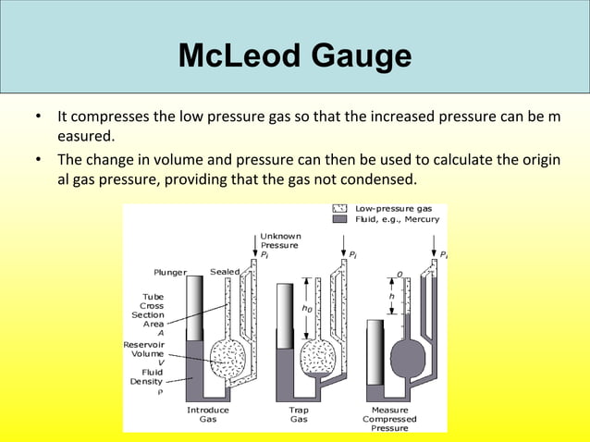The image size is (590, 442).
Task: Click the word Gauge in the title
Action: point(362,57)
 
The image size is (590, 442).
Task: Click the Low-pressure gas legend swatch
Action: point(338,209)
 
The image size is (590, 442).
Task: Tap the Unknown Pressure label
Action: point(279,240)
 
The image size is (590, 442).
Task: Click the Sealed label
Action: point(225,272)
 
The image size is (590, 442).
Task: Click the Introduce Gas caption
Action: point(208,413)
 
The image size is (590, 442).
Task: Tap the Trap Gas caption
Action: point(299,413)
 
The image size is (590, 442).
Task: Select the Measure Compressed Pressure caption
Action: point(389,418)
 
